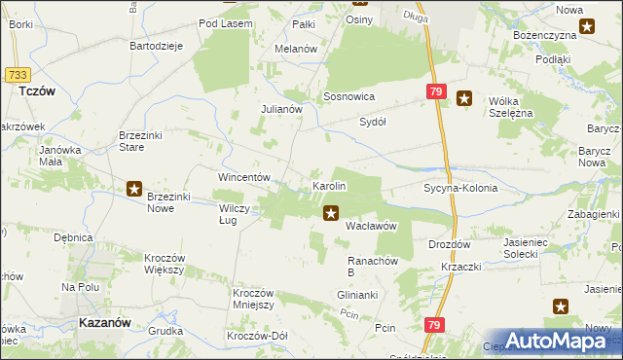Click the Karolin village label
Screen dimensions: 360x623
click(328, 185)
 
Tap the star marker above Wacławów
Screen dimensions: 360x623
click(332, 211)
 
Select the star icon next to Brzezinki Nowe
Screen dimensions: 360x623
click(134, 189)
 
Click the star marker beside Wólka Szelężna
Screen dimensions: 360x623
click(464, 97)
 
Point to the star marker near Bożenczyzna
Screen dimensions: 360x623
click(587, 27)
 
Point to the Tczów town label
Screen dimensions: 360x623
click(36, 90)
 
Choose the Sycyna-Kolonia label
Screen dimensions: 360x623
click(460, 188)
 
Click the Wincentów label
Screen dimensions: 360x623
click(242, 178)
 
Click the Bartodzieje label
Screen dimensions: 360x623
click(158, 46)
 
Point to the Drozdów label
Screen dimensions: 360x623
click(449, 244)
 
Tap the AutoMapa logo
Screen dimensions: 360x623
click(565, 341)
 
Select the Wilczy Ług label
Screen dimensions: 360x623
click(238, 214)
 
